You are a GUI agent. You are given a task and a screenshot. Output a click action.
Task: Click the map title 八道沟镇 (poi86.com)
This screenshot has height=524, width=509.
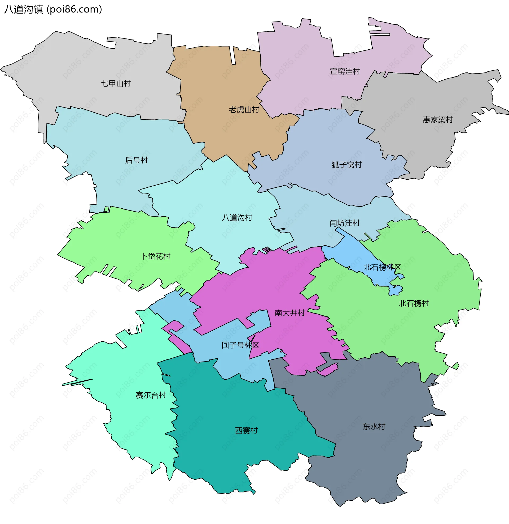[53, 9]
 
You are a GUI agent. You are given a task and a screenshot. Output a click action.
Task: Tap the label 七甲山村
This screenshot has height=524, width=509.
[116, 84]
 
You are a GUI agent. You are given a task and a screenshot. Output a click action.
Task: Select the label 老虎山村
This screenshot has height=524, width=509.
[244, 109]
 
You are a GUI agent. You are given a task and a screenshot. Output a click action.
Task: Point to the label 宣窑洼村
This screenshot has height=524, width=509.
[345, 71]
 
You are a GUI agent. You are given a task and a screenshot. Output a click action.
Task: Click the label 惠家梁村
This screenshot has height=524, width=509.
[438, 120]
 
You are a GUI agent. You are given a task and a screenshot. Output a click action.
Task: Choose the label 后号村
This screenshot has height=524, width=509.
[136, 160]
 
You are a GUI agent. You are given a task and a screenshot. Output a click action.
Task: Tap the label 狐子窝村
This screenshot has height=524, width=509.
[346, 165]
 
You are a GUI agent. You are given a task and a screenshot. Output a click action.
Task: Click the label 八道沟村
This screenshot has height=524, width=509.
[237, 218]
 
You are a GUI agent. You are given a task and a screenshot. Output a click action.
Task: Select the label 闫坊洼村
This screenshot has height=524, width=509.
[344, 223]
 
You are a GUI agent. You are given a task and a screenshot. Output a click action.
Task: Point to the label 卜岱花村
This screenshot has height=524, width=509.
[156, 256]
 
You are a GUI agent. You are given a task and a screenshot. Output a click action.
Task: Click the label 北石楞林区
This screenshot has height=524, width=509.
[382, 267]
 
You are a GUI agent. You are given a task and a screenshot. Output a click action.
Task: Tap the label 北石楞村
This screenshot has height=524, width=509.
[414, 303]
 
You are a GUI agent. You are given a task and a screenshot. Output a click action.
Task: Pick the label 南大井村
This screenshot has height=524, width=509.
[289, 313]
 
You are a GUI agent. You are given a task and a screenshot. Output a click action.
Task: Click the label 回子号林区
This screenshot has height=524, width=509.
[240, 345]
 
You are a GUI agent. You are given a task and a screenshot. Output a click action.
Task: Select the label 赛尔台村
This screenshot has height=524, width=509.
[151, 395]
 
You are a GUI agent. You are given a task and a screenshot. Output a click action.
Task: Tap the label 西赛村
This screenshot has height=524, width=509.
[246, 430]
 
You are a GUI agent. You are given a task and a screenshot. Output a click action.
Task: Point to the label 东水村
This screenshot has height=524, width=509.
[374, 426]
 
